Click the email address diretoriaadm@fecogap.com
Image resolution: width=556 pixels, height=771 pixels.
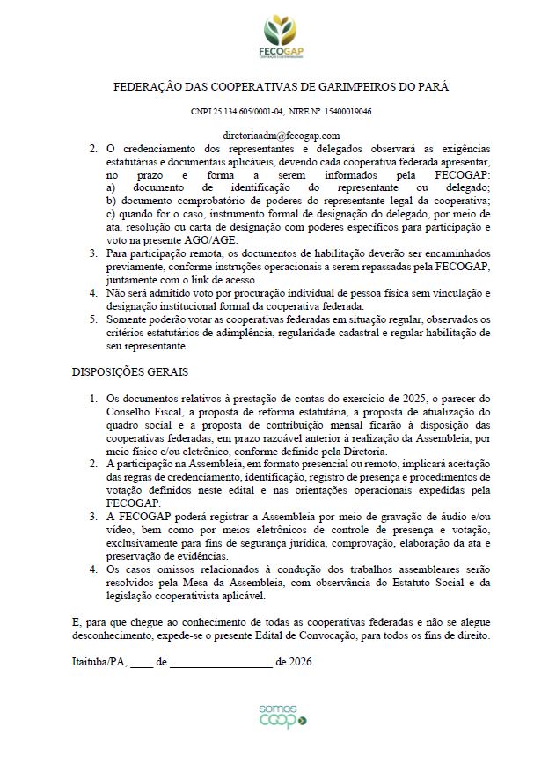tap(282, 136)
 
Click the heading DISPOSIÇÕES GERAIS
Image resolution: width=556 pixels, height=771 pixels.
tap(129, 372)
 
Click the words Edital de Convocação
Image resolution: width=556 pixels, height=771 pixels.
tap(312, 635)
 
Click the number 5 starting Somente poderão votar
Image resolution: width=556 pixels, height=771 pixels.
tap(95, 319)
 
